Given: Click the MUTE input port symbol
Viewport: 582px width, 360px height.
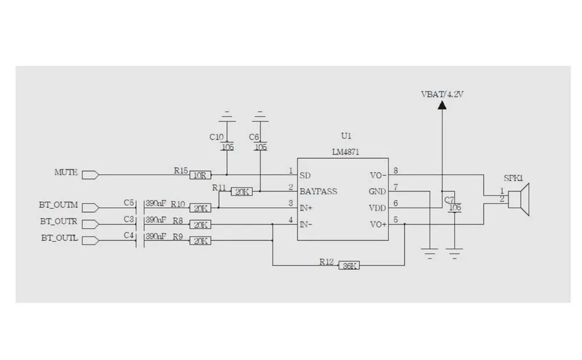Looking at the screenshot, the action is pyautogui.click(x=90, y=175).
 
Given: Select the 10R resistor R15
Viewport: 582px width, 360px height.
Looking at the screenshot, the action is pyautogui.click(x=200, y=175).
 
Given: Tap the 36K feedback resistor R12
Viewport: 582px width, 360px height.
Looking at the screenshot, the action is pyautogui.click(x=349, y=265).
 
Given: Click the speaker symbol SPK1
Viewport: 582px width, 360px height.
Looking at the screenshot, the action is pyautogui.click(x=519, y=199).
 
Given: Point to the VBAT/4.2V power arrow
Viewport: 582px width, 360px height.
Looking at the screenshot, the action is pyautogui.click(x=442, y=106).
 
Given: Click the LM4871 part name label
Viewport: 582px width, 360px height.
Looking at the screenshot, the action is pyautogui.click(x=346, y=152).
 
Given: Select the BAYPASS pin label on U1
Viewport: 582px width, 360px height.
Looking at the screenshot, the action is pyautogui.click(x=318, y=192).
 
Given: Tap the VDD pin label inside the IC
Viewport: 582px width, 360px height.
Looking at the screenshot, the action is pyautogui.click(x=378, y=208).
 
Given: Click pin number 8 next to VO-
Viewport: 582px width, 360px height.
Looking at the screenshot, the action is pyautogui.click(x=396, y=170).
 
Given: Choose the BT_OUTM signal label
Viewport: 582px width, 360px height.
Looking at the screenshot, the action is pyautogui.click(x=58, y=205).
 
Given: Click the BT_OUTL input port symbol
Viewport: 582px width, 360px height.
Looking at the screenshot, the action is pyautogui.click(x=90, y=241).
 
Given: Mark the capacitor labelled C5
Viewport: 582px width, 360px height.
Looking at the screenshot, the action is pyautogui.click(x=140, y=208).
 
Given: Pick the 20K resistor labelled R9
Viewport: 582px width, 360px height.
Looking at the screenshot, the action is pyautogui.click(x=200, y=241).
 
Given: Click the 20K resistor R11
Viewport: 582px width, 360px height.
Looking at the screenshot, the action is pyautogui.click(x=242, y=192).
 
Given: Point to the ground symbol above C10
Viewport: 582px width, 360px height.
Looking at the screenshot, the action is pyautogui.click(x=227, y=116).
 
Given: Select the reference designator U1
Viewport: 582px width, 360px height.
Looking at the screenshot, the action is pyautogui.click(x=346, y=136).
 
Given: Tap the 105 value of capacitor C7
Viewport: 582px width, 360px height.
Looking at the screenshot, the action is pyautogui.click(x=455, y=208).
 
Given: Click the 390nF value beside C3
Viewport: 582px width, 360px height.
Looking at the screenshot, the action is pyautogui.click(x=156, y=220).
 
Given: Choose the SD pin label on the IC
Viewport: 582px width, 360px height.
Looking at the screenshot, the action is pyautogui.click(x=305, y=176).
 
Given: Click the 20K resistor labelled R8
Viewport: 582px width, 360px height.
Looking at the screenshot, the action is pyautogui.click(x=200, y=224).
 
